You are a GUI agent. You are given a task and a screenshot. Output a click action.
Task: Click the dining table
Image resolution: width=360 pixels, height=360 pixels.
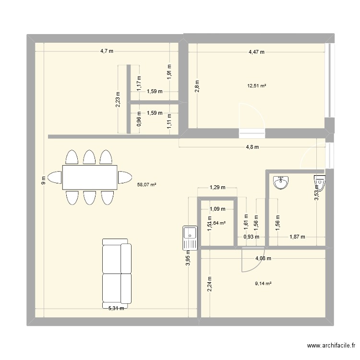point(89,177)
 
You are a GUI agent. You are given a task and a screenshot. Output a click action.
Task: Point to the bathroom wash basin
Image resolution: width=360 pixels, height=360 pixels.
point(281,183)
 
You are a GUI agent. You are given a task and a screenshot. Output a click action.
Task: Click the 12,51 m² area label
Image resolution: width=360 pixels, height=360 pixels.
point(257,86)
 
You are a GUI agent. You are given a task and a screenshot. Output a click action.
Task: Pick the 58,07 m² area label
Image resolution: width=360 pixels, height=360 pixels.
point(147,184)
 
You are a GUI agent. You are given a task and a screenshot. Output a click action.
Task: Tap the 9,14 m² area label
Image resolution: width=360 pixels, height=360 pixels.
point(264,283)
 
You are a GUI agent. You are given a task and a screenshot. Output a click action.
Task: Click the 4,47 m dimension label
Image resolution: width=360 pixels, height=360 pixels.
point(256,52)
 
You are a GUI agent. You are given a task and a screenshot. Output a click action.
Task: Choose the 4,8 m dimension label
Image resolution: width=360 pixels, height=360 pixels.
point(252,147)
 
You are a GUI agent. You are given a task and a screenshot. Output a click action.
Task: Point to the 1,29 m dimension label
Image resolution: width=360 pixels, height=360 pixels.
point(217,188)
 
